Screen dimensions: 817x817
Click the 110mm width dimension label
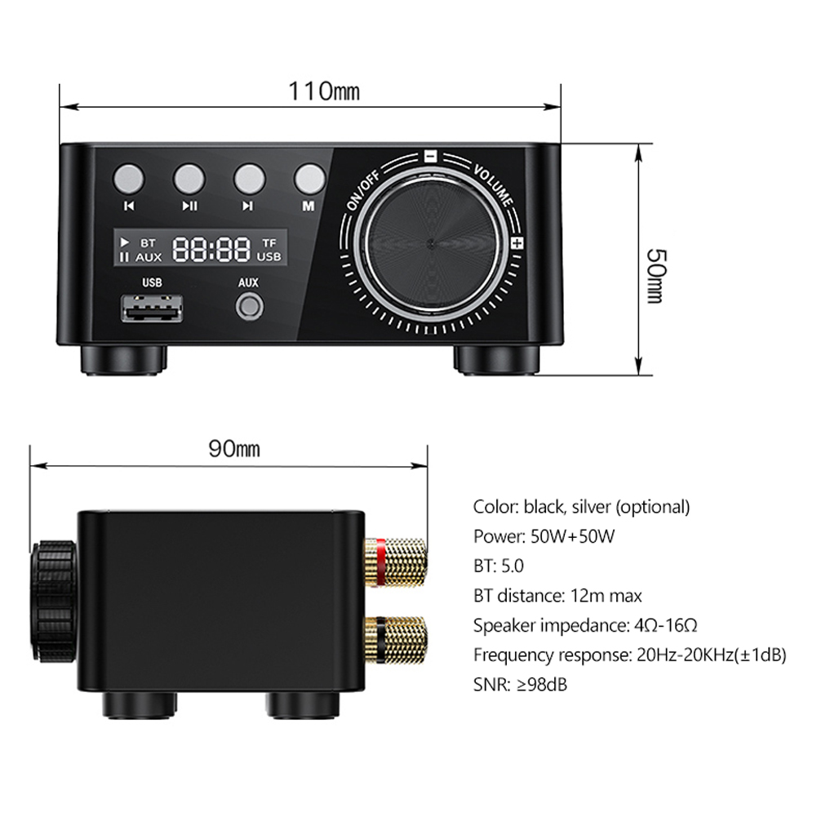(322, 90)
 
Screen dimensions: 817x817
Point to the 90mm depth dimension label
(233, 448)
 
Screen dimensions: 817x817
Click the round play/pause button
(189, 178)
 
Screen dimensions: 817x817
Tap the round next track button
(248, 178)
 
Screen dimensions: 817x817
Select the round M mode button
(309, 178)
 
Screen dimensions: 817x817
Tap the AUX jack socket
(248, 308)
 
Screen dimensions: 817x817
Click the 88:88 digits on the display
(211, 249)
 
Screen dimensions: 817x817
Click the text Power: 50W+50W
(544, 536)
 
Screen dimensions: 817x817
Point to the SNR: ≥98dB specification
(520, 684)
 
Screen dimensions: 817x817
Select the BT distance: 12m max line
(557, 596)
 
